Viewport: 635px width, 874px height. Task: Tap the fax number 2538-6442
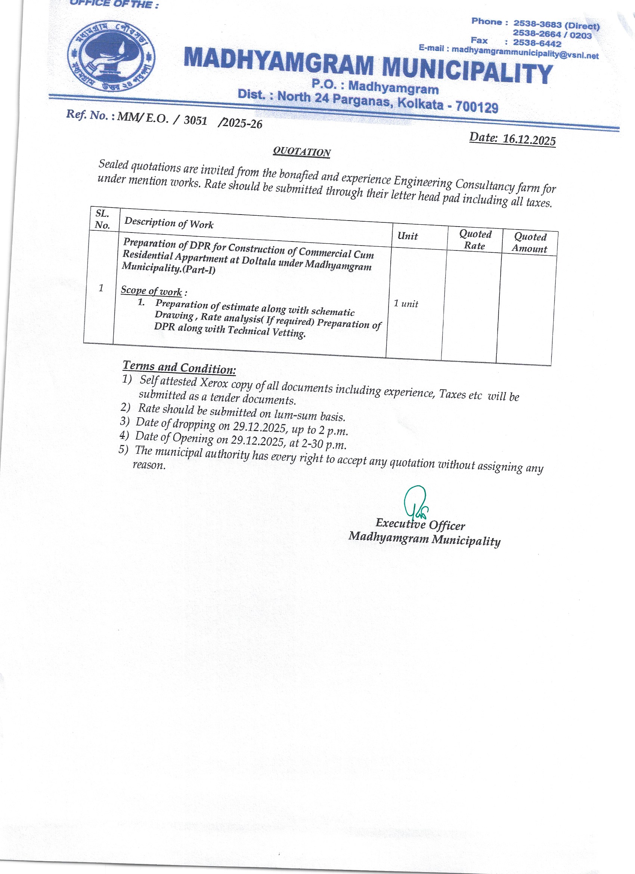coord(537,43)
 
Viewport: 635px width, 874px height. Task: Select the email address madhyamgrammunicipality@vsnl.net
coord(525,52)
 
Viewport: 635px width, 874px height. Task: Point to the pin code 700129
coord(477,107)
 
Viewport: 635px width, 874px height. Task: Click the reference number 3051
coord(195,120)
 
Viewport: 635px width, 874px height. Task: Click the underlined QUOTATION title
coord(301,152)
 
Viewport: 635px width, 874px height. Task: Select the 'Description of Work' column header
coord(169,223)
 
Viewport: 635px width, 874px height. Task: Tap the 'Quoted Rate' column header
coord(475,240)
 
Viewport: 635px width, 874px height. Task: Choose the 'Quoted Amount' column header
coord(530,243)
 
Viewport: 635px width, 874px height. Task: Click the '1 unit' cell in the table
coord(406,304)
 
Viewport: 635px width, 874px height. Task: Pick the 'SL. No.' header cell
coord(102,219)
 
